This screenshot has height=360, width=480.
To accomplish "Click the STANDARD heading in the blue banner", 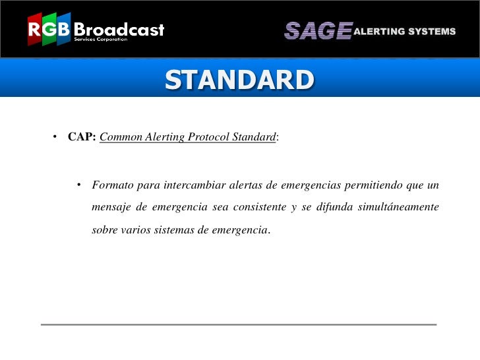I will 240,80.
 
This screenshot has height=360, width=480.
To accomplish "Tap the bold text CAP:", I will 82,137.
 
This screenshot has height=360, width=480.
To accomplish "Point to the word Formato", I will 113,184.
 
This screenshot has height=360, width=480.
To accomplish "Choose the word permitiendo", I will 372,184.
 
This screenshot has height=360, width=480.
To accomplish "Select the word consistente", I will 255,208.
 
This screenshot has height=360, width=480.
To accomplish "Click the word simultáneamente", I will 398,208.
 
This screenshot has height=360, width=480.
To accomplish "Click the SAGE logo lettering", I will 317,31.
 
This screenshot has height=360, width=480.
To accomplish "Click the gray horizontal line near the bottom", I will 239,324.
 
